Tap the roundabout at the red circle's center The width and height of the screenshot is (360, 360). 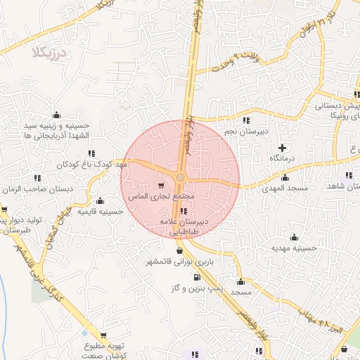[181, 177]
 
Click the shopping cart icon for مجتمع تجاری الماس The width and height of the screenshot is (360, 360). [161, 186]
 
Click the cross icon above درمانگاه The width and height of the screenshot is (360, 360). [282, 148]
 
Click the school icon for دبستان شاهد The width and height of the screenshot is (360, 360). [349, 176]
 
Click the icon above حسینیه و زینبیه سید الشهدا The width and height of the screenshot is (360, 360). [57, 115]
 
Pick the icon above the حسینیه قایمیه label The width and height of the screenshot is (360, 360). [101, 200]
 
